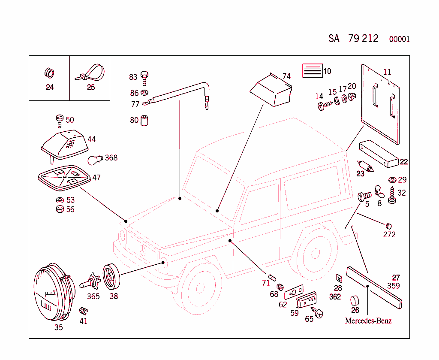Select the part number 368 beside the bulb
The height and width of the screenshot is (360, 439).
111,157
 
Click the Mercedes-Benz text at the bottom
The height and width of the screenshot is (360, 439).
368,321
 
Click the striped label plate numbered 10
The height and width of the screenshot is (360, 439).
312,70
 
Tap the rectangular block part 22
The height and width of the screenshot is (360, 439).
379,154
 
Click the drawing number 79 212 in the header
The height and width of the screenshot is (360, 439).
363,39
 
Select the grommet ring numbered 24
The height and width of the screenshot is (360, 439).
49,73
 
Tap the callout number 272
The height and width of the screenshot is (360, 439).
389,234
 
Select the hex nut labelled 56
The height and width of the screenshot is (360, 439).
60,209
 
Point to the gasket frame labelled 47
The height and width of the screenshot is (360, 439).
63,178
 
